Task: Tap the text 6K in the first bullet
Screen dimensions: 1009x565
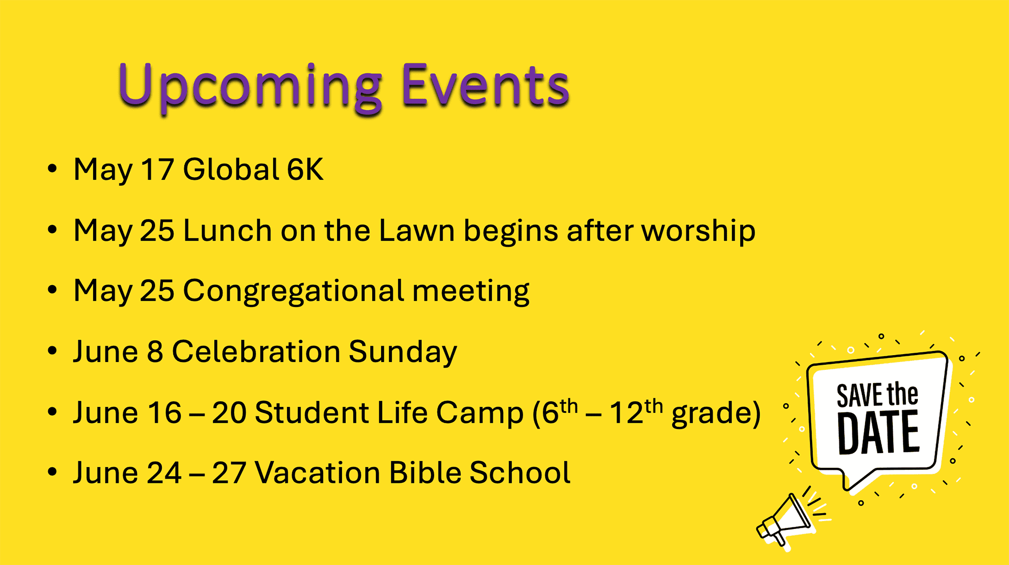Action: tap(305, 169)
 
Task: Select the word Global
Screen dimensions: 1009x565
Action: tap(231, 169)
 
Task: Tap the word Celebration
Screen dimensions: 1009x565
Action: tap(257, 351)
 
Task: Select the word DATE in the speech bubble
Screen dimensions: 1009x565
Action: tap(879, 433)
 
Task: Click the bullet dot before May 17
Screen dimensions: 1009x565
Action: tap(52, 169)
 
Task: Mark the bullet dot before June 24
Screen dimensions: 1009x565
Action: tap(52, 472)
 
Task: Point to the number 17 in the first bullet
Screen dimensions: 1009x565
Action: tap(157, 169)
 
